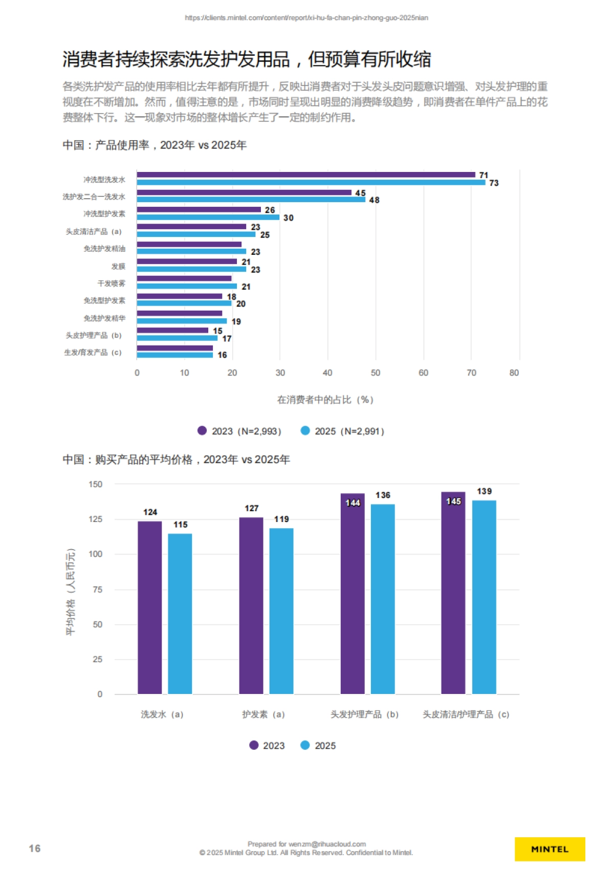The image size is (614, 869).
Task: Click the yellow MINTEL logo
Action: click(x=550, y=849)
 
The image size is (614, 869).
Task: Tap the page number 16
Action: click(x=34, y=849)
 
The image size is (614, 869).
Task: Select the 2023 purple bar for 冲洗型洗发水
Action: click(x=305, y=175)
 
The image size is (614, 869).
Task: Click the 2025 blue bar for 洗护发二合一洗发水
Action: click(x=251, y=200)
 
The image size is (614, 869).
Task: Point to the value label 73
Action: click(x=494, y=183)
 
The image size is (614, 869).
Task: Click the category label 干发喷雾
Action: click(x=111, y=284)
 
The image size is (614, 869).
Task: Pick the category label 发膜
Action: click(x=118, y=266)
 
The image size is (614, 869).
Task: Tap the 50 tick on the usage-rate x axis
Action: click(x=376, y=373)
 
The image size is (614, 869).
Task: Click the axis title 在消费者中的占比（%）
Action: click(x=325, y=400)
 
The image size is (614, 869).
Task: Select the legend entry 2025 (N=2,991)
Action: click(x=343, y=431)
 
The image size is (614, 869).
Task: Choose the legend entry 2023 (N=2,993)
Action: click(x=239, y=431)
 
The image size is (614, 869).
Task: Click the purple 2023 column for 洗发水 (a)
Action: click(x=149, y=607)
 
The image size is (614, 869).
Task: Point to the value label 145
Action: click(x=453, y=501)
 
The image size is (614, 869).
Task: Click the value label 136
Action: click(x=383, y=495)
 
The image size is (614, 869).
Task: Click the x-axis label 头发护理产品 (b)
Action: click(x=364, y=714)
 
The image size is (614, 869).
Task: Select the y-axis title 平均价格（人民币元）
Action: click(x=71, y=592)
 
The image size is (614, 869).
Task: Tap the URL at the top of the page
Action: click(x=306, y=18)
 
